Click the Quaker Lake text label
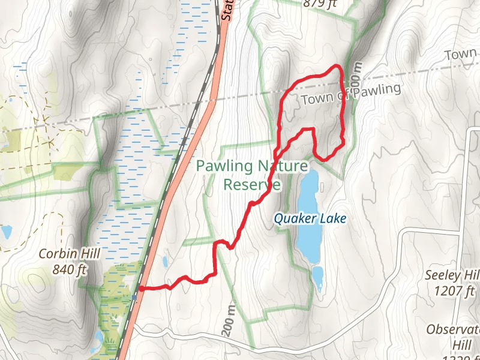(310, 219)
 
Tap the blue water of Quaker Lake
(308, 198)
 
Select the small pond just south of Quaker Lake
(317, 277)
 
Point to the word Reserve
(251, 184)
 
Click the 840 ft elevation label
(70, 269)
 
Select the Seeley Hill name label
(451, 275)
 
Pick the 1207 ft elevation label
(453, 291)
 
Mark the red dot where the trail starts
(140, 289)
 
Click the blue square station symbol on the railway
(134, 296)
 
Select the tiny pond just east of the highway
(164, 262)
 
